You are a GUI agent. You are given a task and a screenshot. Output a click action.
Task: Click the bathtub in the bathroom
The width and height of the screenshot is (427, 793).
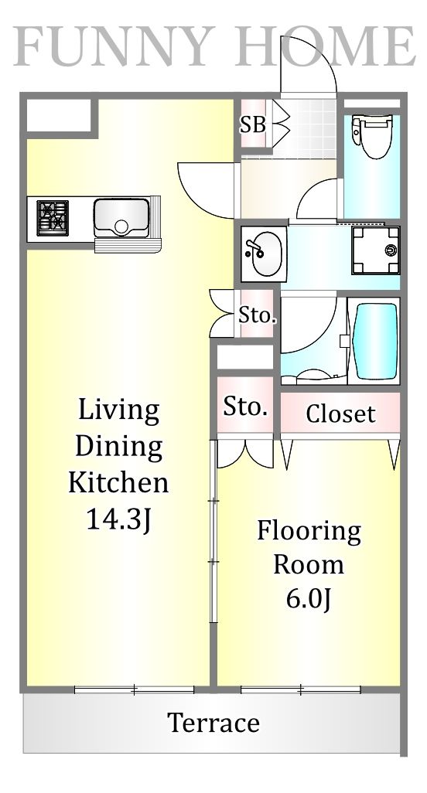pyautogui.click(x=374, y=340)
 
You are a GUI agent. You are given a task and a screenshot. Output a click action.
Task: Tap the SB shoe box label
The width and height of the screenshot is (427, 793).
pyautogui.click(x=252, y=124)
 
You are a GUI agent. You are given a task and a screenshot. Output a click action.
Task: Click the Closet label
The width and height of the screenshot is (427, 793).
pyautogui.click(x=340, y=414)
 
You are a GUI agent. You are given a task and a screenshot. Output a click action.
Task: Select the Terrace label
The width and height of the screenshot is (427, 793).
pyautogui.click(x=213, y=723)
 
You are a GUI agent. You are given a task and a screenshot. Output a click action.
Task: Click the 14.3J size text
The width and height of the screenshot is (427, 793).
pyautogui.click(x=118, y=520)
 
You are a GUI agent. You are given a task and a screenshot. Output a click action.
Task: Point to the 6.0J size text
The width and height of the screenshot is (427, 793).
pyautogui.click(x=309, y=598)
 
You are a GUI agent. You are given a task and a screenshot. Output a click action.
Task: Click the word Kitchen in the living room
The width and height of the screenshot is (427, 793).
pyautogui.click(x=118, y=483)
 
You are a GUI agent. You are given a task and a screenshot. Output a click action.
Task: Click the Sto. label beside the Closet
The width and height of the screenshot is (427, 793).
pyautogui.click(x=246, y=407)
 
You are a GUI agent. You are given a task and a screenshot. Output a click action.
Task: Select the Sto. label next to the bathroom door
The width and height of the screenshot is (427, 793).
pyautogui.click(x=256, y=315)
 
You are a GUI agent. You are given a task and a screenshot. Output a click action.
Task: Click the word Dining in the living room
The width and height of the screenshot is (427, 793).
pyautogui.click(x=118, y=446)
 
